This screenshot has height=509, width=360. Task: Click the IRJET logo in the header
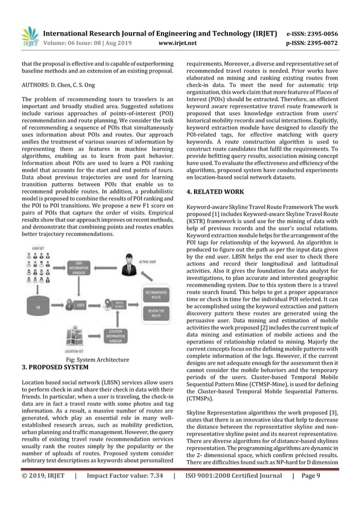[x=29, y=34]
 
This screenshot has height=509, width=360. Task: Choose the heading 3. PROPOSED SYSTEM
[x=55, y=367]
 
